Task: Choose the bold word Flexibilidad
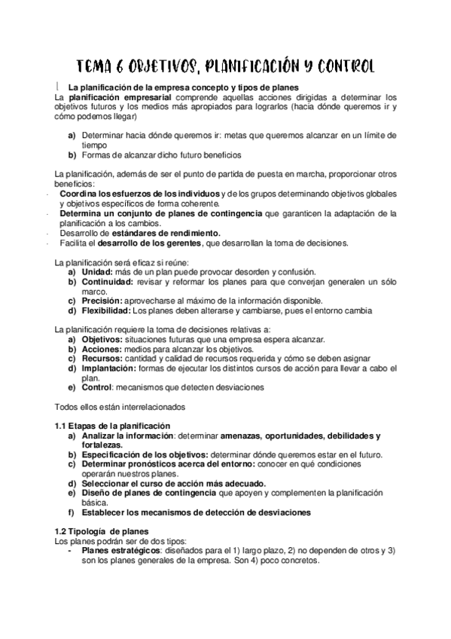tap(105, 310)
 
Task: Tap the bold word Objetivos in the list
tap(102, 340)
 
